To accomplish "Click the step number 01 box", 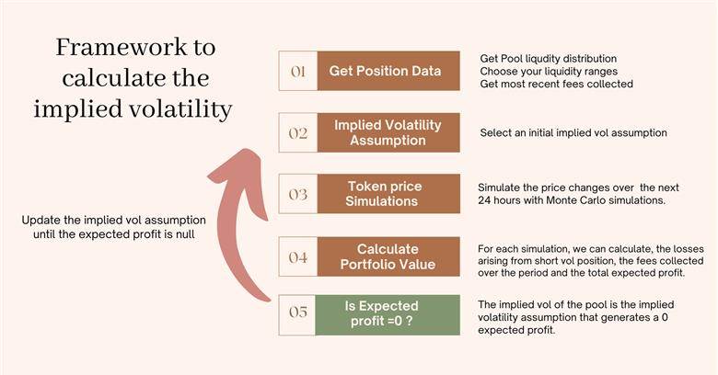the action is tap(298, 71).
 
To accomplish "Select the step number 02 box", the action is tap(298, 132).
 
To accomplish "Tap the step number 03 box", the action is tap(298, 194).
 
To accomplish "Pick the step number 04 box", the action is tap(298, 256).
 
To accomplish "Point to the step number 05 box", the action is tap(297, 315).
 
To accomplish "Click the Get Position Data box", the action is tap(388, 71).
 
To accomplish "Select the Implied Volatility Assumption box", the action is tap(388, 132).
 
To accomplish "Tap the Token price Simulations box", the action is tap(388, 194).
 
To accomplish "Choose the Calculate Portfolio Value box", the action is tap(388, 256).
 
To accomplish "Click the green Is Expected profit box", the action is tap(388, 315).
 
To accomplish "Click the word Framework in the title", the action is tap(122, 47).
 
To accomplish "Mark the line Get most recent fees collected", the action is tap(556, 85).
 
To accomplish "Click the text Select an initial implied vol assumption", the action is tap(573, 133).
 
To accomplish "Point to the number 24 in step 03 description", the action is tap(483, 200).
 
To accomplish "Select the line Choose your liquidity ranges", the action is tap(549, 72).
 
